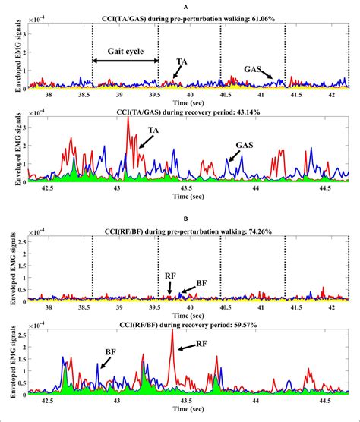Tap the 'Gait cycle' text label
pyautogui.click(x=125, y=49)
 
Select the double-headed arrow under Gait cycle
pyautogui.click(x=125, y=61)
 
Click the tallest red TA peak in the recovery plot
pyautogui.click(x=128, y=119)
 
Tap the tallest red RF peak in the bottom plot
pyautogui.click(x=172, y=331)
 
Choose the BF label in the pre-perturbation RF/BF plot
pyautogui.click(x=201, y=283)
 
